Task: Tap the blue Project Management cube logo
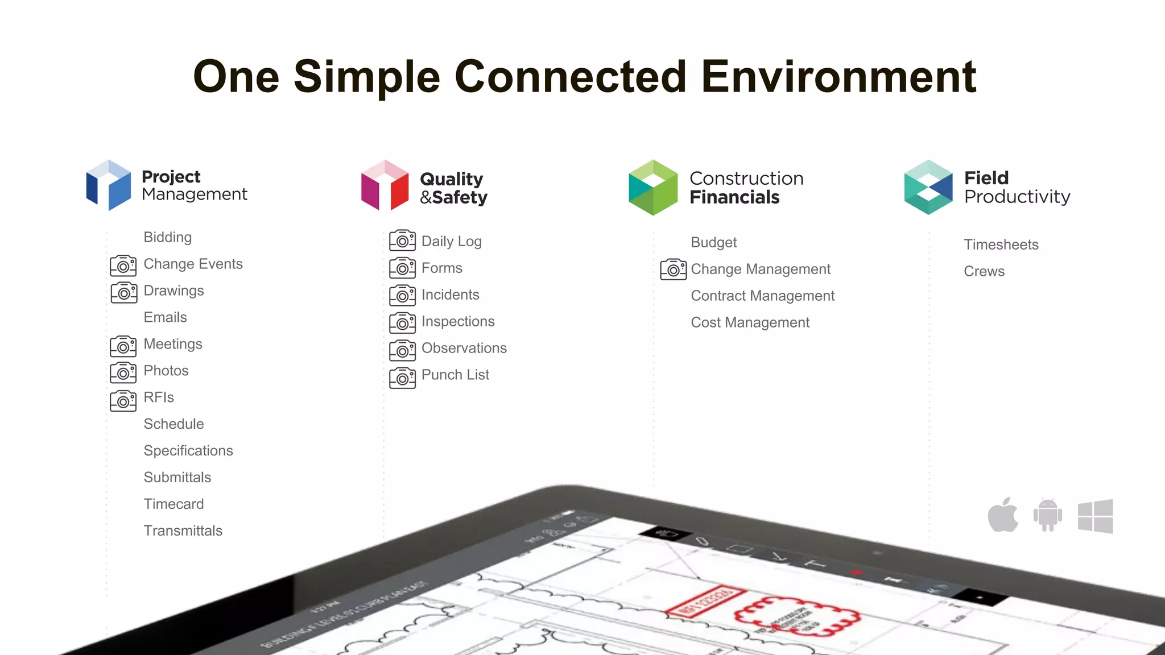pos(109,185)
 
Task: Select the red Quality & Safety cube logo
pos(385,185)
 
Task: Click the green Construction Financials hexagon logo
pos(653,188)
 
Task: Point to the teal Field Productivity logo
pos(928,188)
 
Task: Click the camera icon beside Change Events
pos(123,266)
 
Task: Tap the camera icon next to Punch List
pos(403,378)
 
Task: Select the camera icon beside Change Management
pos(674,270)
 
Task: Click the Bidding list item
pos(168,237)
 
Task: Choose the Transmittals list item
pos(183,530)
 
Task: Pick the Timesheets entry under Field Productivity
pos(1001,244)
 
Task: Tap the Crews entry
pos(984,271)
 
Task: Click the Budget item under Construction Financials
pos(714,242)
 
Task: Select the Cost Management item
pos(750,322)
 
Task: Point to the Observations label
pos(464,348)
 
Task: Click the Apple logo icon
pos(1003,515)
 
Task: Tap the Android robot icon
pos(1048,515)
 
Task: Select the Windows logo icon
pos(1096,516)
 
